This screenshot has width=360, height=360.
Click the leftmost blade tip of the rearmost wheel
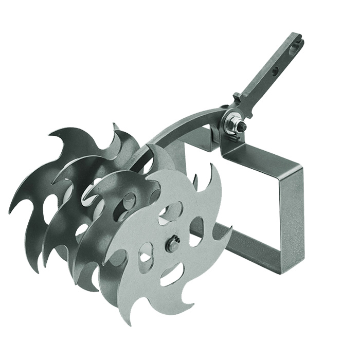click(x=10, y=211)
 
